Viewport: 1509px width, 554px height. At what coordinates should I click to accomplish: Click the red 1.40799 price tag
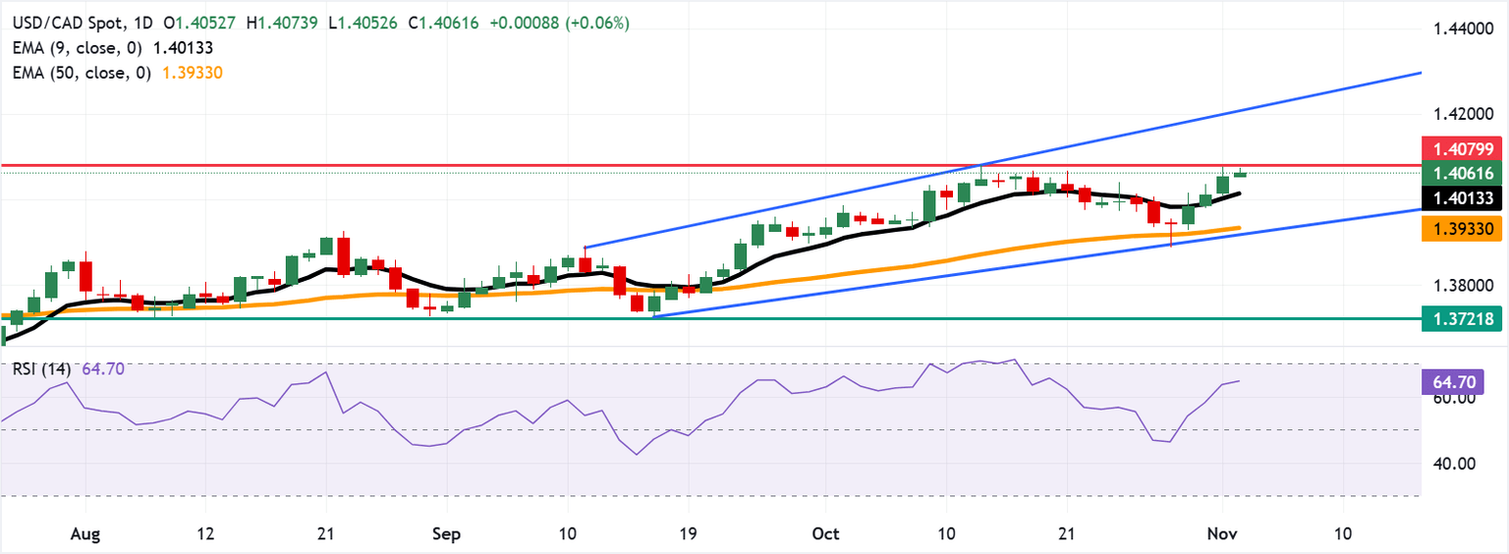tap(1462, 150)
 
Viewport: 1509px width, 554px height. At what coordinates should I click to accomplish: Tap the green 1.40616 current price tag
tap(1462, 174)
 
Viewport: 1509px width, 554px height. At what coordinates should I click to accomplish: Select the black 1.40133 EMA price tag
tap(1462, 199)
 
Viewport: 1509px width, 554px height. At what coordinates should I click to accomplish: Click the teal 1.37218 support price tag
tap(1462, 318)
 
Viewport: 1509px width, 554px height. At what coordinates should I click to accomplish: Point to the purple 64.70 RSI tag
tap(1448, 377)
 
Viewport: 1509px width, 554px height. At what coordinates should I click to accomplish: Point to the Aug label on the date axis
tap(85, 533)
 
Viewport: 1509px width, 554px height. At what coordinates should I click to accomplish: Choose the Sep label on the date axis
tap(446, 533)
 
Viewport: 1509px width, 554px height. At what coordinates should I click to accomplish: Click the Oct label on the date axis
tap(826, 533)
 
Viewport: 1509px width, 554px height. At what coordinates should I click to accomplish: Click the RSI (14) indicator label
tap(41, 369)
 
